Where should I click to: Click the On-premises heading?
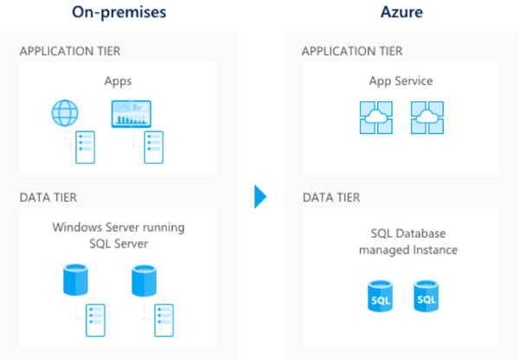coord(119,12)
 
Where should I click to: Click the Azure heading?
coord(401,12)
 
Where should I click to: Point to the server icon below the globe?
coord(86,147)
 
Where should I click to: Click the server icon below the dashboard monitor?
coord(154,147)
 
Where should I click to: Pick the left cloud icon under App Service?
coord(376,118)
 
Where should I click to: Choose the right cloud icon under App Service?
coord(426,118)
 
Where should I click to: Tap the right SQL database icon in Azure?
coord(426,296)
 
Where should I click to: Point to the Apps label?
coord(118,81)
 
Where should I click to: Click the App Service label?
coord(400,81)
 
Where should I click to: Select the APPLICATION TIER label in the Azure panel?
coord(352,51)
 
